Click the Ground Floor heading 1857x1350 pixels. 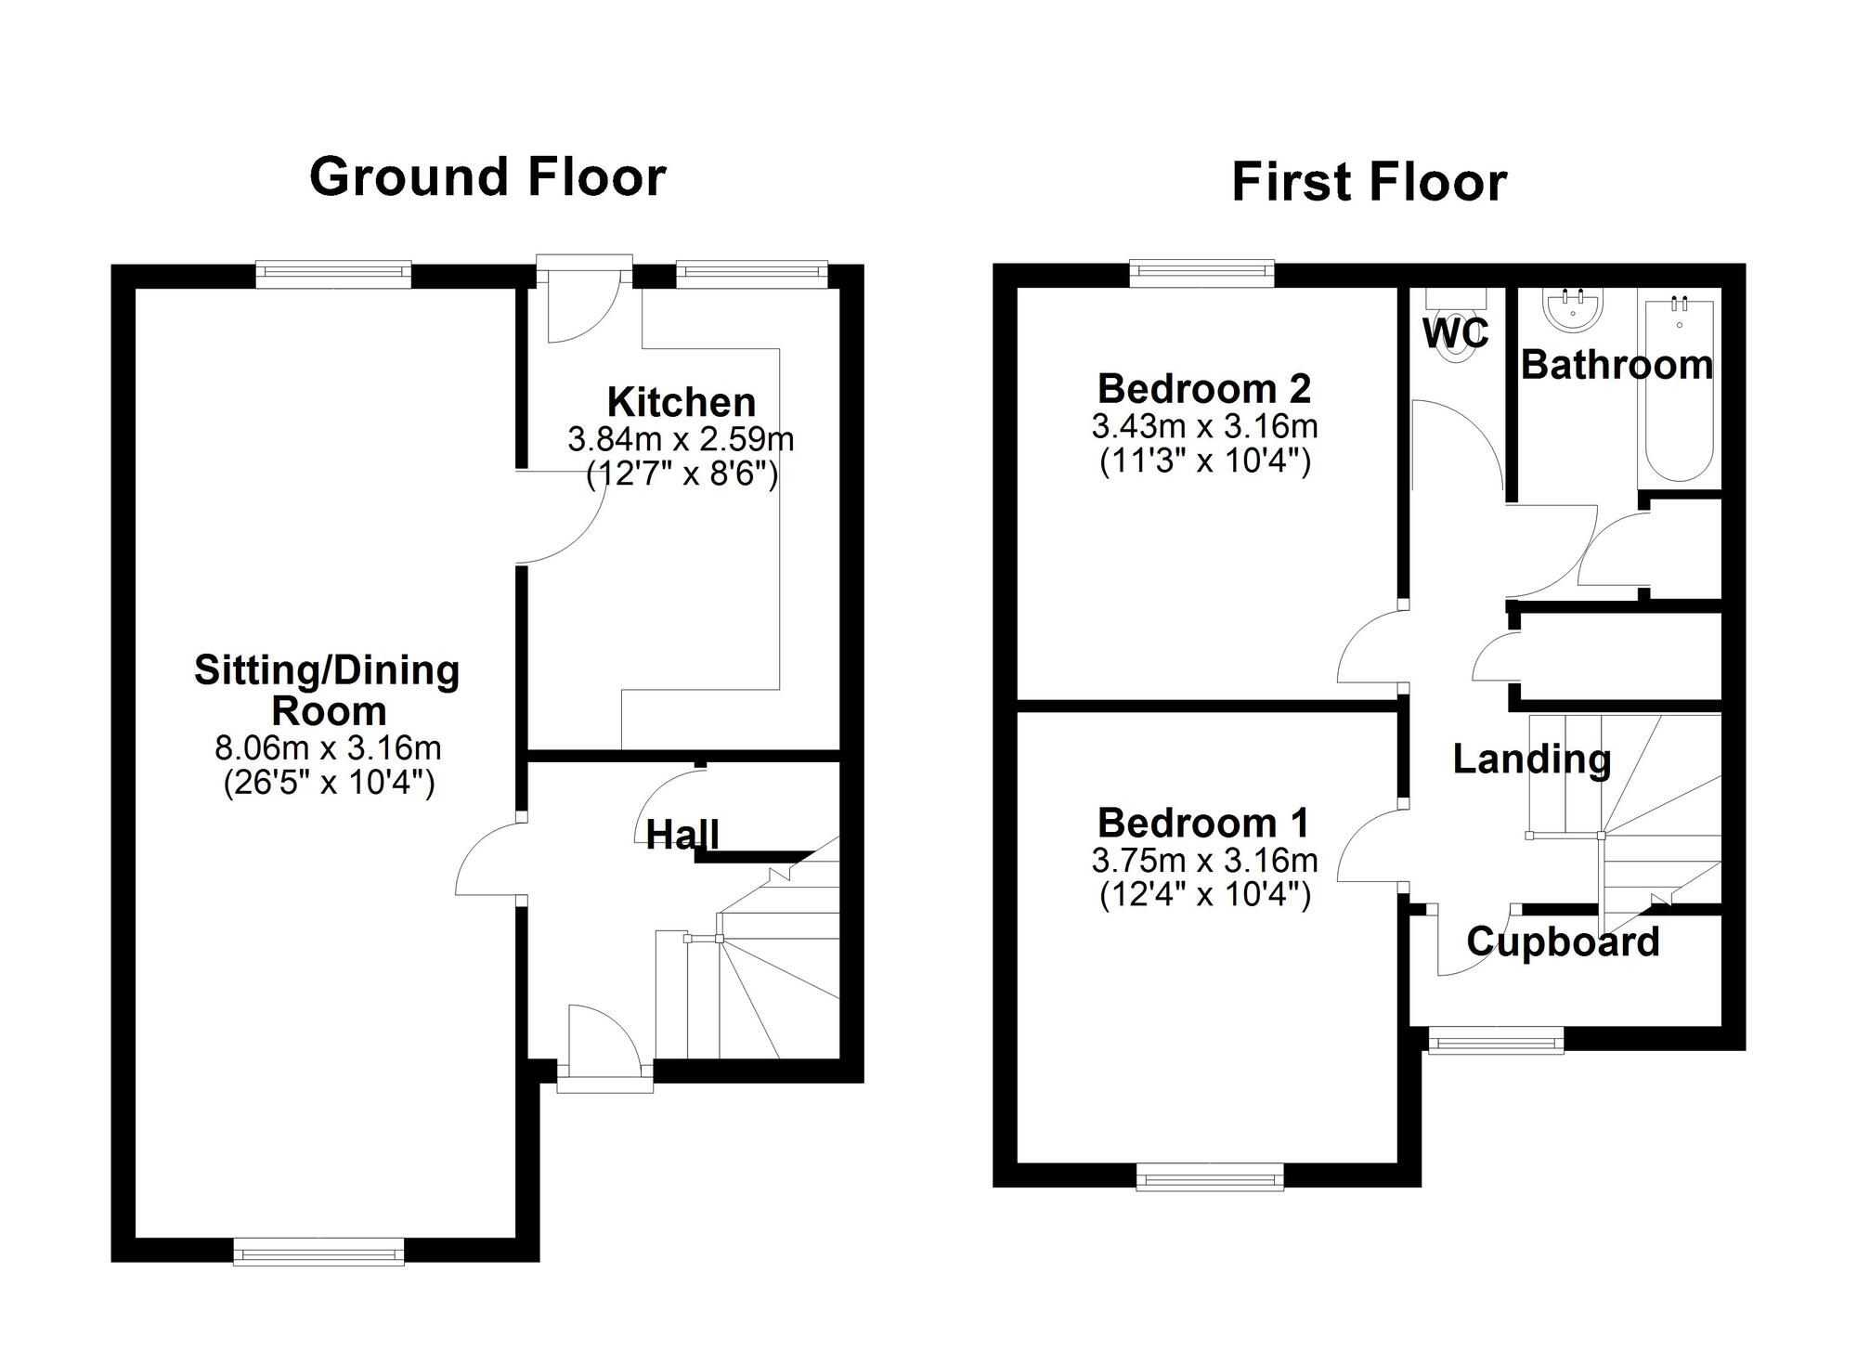[x=487, y=176]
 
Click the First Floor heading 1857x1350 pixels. [x=1369, y=182]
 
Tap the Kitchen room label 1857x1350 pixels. [x=682, y=402]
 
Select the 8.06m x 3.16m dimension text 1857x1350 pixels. [x=328, y=747]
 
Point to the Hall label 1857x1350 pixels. [x=682, y=835]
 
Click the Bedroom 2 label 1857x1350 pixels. [x=1204, y=388]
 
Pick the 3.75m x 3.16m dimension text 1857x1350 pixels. [x=1204, y=861]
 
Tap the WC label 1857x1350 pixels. [x=1455, y=333]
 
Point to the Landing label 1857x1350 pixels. [x=1532, y=759]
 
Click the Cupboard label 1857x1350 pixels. [x=1563, y=941]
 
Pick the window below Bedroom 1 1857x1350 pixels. [x=1210, y=1180]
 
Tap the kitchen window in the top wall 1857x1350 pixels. [x=750, y=270]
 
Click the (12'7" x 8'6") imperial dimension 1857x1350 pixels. [x=682, y=475]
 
